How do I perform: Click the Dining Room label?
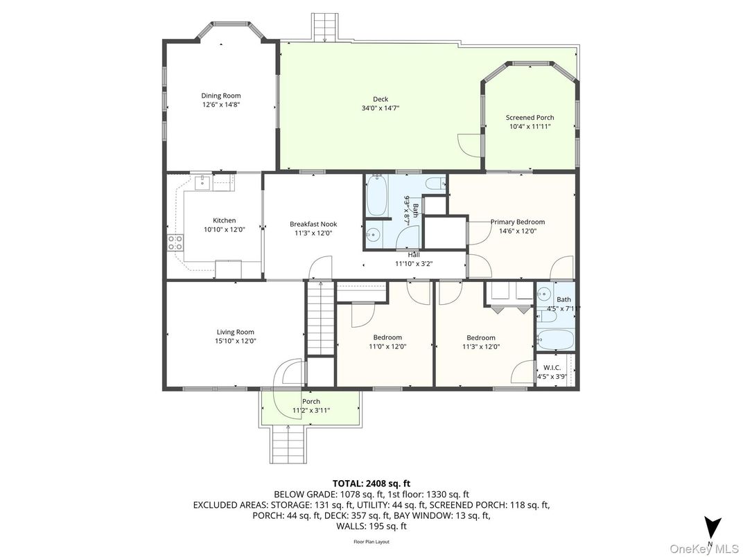click(x=221, y=96)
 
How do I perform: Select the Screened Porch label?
click(x=530, y=118)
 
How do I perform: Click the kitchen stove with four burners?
click(x=175, y=242)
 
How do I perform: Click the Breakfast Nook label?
click(x=313, y=224)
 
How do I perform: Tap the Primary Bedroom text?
click(x=513, y=222)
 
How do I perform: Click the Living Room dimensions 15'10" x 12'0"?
click(x=236, y=341)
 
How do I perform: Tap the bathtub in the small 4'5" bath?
click(x=555, y=340)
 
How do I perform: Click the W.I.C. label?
click(x=552, y=367)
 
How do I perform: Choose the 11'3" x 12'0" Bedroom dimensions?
click(x=481, y=347)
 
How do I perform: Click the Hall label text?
click(x=413, y=255)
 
